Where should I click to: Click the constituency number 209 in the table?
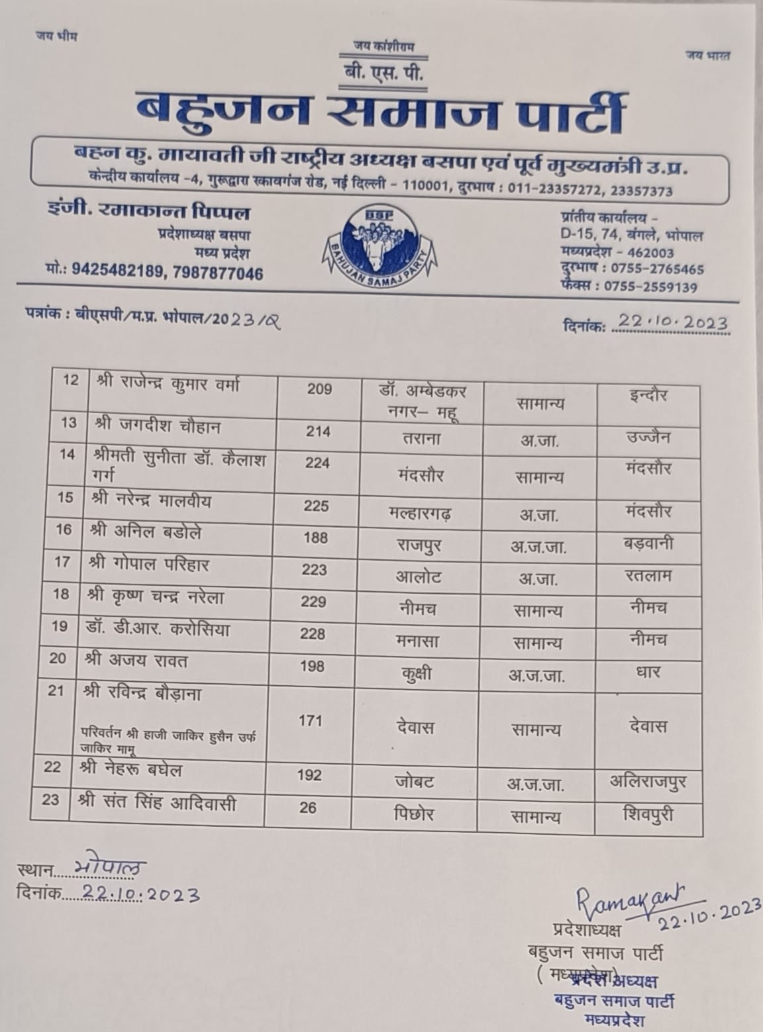(x=319, y=389)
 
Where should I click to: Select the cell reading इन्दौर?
(x=647, y=396)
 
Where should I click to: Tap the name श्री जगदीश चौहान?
(x=158, y=427)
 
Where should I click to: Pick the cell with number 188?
(x=315, y=538)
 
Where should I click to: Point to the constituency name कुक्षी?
(x=416, y=675)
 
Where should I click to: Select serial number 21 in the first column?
(x=57, y=691)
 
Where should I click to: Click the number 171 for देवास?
(x=310, y=720)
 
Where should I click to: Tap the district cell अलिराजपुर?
(x=648, y=781)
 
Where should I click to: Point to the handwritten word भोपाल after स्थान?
(x=109, y=868)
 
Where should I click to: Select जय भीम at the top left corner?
(x=56, y=36)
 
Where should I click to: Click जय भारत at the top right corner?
(x=707, y=56)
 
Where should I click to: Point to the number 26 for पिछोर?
(x=307, y=807)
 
